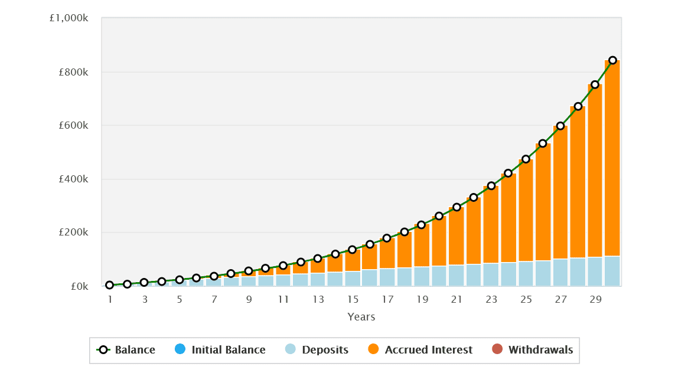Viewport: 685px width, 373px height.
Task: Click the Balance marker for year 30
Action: coord(612,60)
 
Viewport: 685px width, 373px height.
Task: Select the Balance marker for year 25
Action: coord(526,159)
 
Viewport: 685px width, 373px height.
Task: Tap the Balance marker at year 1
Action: coord(110,285)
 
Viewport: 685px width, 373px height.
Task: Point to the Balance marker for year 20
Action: coord(439,216)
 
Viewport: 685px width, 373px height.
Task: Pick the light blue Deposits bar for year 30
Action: coord(612,271)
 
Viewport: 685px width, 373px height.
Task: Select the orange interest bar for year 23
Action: coord(491,224)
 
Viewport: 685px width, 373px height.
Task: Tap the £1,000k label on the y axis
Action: coord(69,18)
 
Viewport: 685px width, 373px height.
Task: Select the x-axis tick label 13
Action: coord(318,299)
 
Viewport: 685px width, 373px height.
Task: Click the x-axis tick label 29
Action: coord(595,299)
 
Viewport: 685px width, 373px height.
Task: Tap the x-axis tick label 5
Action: coord(180,299)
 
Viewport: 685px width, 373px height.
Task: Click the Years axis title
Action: coord(361,317)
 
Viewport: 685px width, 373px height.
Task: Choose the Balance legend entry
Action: coord(126,350)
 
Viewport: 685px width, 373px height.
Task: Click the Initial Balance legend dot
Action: coord(180,349)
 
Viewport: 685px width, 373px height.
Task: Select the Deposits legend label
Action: coord(325,350)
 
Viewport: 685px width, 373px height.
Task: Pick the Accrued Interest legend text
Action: coord(428,350)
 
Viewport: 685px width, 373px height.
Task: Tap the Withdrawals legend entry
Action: coord(540,350)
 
